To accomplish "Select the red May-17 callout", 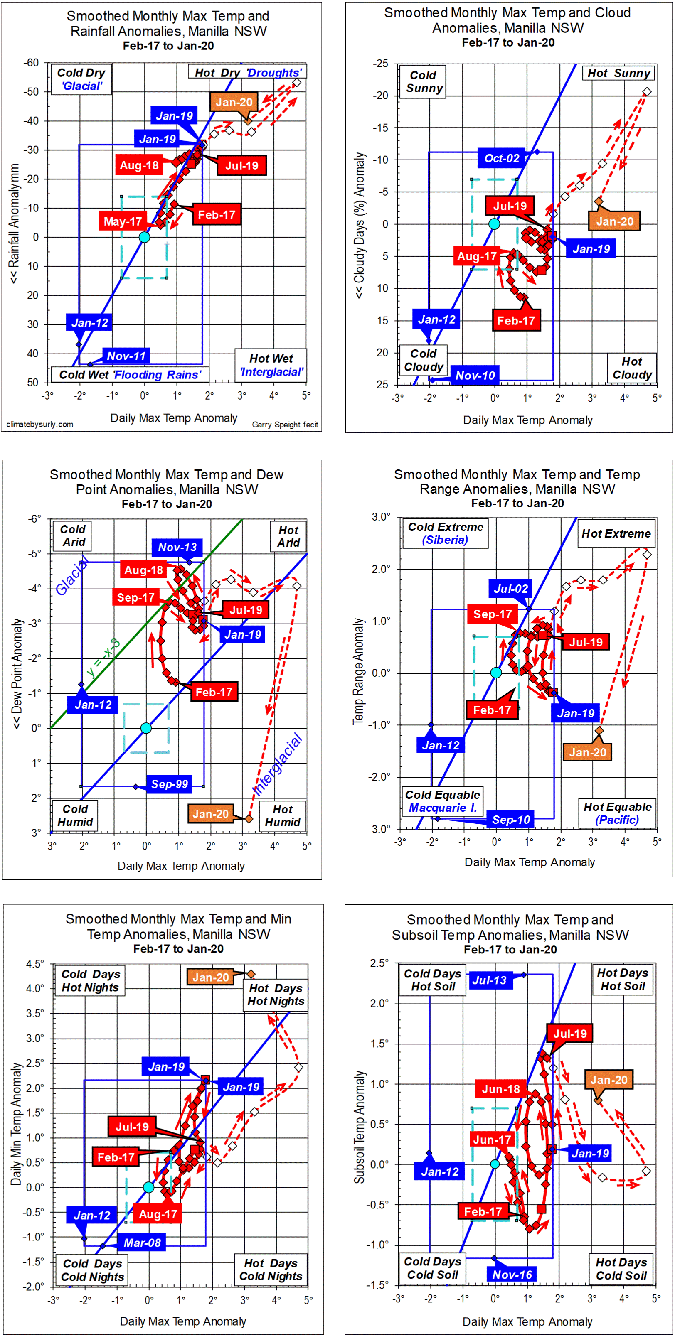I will (123, 221).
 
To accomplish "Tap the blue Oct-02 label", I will (501, 158).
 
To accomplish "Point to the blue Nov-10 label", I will (475, 375).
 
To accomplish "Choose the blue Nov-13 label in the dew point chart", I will (177, 547).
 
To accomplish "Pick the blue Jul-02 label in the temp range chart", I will (510, 589).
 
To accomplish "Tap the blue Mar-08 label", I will (142, 1242).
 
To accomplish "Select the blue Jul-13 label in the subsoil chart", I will (489, 980).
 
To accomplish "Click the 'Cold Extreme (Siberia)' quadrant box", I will (445, 533).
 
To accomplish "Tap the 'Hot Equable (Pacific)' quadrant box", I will (617, 813).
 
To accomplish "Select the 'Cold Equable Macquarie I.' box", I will (443, 801).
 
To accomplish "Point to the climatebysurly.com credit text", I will (40, 424).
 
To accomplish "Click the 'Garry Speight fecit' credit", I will (285, 425).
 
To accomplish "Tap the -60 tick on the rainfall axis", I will (31, 63).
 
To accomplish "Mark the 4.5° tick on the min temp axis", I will (35, 964).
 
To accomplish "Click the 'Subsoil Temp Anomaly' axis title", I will (359, 1128).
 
